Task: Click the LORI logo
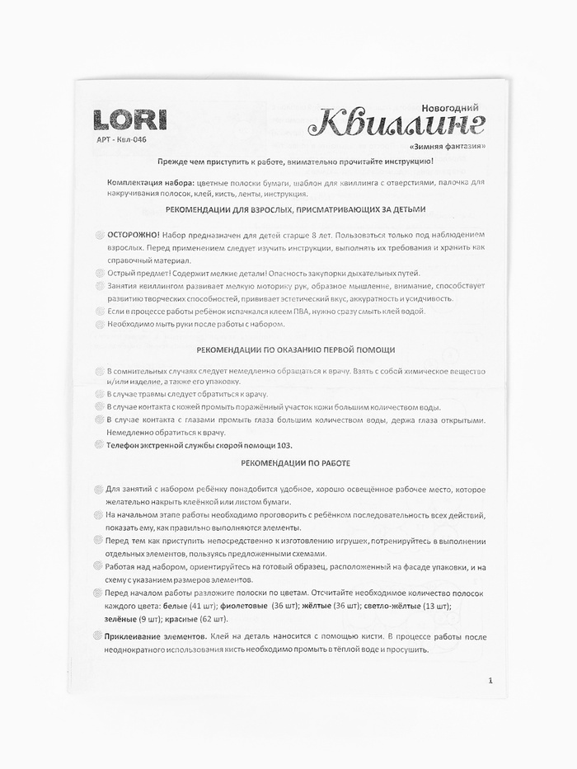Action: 129,120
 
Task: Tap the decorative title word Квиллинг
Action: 398,125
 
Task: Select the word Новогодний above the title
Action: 449,108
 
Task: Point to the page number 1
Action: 490,680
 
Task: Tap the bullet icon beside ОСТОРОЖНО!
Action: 99,235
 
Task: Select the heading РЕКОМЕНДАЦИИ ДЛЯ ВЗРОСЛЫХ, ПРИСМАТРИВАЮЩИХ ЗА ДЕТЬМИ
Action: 295,209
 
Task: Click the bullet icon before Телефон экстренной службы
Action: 99,445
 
